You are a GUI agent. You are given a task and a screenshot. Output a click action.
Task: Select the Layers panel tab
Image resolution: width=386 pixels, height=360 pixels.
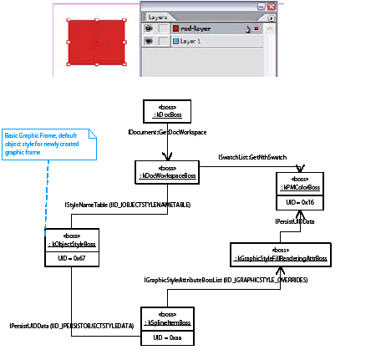[x=158, y=16]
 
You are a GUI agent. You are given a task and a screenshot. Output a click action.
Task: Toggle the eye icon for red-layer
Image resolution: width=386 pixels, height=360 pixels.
[x=150, y=28]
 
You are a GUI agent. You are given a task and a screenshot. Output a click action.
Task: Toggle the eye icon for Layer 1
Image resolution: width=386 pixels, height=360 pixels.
[x=150, y=39]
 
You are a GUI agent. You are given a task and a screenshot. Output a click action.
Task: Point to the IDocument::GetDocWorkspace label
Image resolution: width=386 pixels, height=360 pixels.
[x=167, y=133]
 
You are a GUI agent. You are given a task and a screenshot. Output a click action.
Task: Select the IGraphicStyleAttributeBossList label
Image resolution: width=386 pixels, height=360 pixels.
[x=226, y=280]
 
